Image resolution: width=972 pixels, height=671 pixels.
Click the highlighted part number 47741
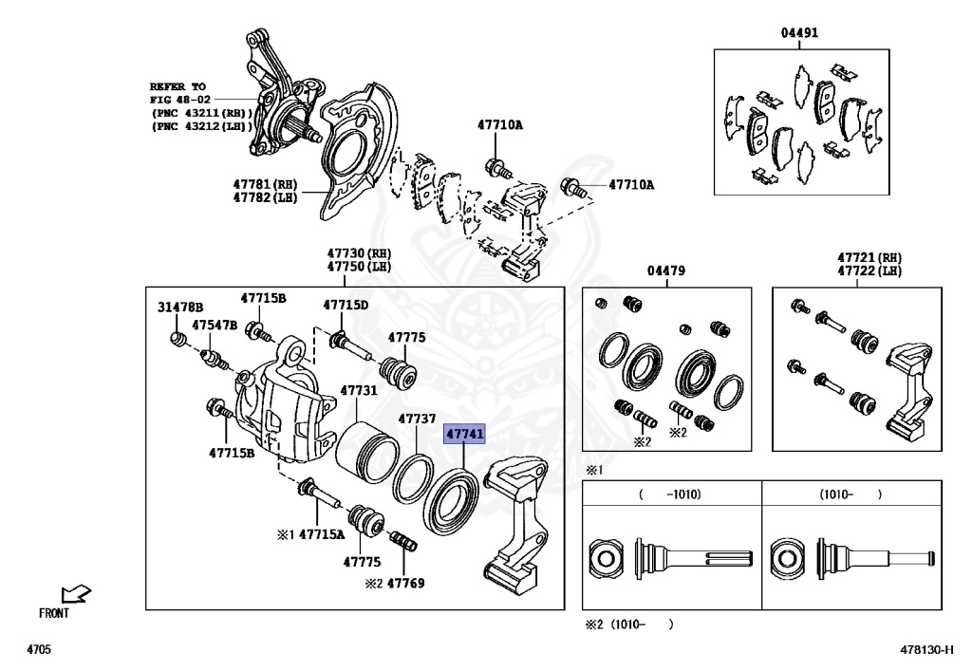(x=466, y=435)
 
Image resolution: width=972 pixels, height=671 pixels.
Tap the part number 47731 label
(x=359, y=390)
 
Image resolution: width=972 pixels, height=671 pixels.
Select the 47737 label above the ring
(x=417, y=419)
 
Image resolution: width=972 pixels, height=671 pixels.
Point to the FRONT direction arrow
(x=75, y=595)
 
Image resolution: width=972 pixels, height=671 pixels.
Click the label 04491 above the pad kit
(x=799, y=33)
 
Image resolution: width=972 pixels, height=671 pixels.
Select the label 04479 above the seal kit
(x=665, y=270)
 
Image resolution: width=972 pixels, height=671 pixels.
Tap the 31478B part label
(x=180, y=308)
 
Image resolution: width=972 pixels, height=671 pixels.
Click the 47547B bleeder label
(x=215, y=325)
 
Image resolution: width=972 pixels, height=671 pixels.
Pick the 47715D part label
(x=346, y=305)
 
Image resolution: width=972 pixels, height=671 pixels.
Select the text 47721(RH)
(x=869, y=257)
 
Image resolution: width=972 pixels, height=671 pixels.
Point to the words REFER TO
(x=178, y=85)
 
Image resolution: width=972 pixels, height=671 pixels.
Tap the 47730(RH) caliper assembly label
(x=359, y=253)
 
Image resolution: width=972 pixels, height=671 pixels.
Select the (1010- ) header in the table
(x=850, y=494)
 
